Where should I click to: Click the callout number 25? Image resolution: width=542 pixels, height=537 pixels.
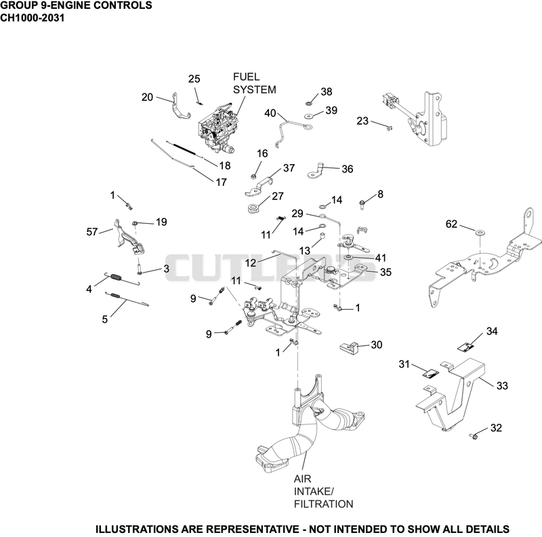coord(194,79)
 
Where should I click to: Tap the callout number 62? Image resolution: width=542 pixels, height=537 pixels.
coord(451,224)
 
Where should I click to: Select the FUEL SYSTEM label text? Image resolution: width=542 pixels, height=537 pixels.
coord(255,83)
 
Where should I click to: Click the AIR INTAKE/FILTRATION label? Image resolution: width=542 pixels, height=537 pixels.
coord(324,492)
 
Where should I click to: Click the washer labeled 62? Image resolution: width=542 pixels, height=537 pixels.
coord(480,231)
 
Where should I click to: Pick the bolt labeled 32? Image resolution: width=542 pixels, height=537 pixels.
coord(474,436)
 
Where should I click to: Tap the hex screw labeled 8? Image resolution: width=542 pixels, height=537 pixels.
coord(362,204)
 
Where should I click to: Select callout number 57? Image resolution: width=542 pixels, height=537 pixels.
coord(92,231)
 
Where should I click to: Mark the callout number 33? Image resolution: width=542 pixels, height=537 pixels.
coord(502,385)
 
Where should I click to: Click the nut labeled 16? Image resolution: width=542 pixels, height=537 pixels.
coord(253,177)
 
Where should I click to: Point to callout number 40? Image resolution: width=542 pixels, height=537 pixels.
coord(270,113)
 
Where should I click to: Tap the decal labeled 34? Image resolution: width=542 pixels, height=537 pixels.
coord(465,347)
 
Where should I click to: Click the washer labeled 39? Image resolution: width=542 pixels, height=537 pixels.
coord(309,116)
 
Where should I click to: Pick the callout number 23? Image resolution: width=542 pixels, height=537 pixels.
coord(362,121)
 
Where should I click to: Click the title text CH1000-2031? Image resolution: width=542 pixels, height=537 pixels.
coord(32,18)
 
